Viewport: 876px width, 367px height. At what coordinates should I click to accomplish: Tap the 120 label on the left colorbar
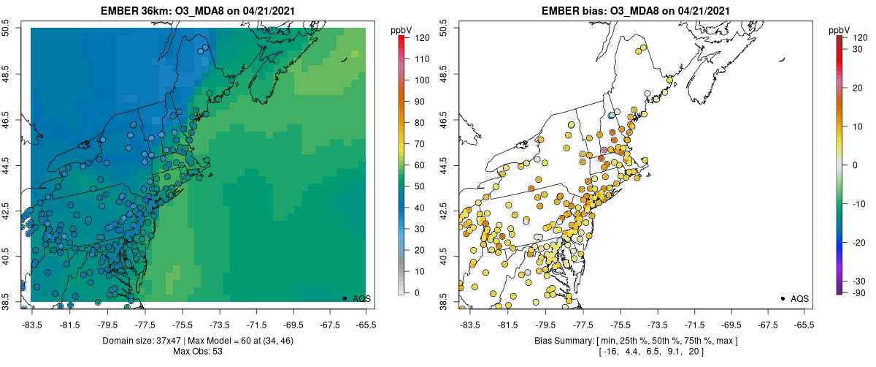coord(420,37)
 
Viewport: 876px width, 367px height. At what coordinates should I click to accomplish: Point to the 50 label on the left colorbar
coord(418,186)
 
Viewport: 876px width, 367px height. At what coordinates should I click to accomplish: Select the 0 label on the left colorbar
coord(416,292)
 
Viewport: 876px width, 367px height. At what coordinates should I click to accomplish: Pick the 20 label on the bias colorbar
coord(858,88)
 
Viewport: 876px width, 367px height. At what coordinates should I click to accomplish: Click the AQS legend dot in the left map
coord(345,298)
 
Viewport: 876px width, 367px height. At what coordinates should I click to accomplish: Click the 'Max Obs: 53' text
coord(198,352)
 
